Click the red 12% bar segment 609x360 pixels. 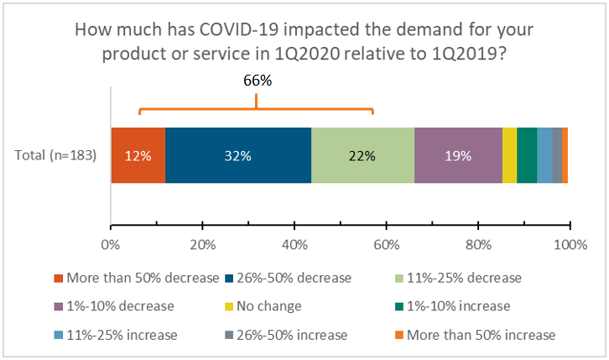[138, 155]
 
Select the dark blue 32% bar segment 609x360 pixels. [238, 155]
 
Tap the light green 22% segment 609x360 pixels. [362, 155]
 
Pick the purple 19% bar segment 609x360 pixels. [458, 155]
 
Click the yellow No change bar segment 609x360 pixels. [509, 155]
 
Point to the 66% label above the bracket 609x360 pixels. [256, 81]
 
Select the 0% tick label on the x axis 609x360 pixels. [111, 244]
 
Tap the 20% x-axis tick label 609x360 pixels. [202, 244]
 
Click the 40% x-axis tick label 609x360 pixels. [294, 244]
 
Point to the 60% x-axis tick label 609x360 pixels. [386, 244]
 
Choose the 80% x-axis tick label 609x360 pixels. [478, 244]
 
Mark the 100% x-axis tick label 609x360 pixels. [570, 244]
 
